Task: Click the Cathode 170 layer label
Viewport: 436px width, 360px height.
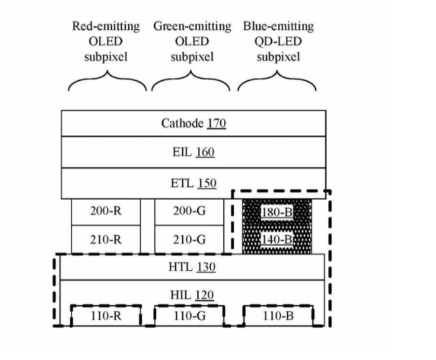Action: point(193,123)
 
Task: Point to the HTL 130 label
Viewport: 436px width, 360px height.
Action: point(193,267)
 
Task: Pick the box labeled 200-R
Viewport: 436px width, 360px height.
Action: point(105,211)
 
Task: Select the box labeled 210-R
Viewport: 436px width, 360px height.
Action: point(105,240)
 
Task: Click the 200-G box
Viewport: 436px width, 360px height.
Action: point(189,211)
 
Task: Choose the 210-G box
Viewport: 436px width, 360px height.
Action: point(189,240)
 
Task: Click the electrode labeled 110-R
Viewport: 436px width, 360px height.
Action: point(105,316)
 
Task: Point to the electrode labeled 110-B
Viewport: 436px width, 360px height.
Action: point(278,316)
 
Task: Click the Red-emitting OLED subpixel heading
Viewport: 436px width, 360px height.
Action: point(105,42)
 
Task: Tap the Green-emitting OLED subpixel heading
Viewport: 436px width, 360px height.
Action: point(192,42)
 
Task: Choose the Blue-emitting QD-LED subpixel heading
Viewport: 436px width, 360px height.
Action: point(278,42)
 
